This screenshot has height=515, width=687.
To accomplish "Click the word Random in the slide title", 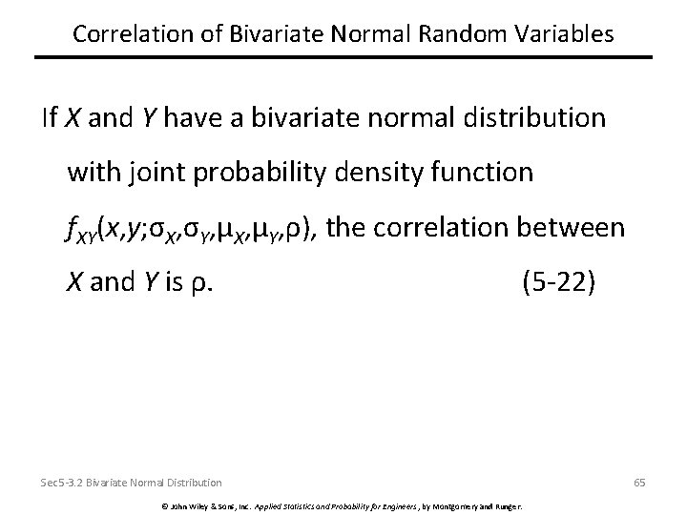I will (464, 33).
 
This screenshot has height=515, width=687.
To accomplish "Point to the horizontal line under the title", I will (343, 58).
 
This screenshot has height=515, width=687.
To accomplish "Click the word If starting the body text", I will (50, 118).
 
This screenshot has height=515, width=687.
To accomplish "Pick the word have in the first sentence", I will (195, 118).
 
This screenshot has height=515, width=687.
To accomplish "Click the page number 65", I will (638, 483).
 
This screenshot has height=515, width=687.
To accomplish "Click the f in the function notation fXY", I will (72, 229).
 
